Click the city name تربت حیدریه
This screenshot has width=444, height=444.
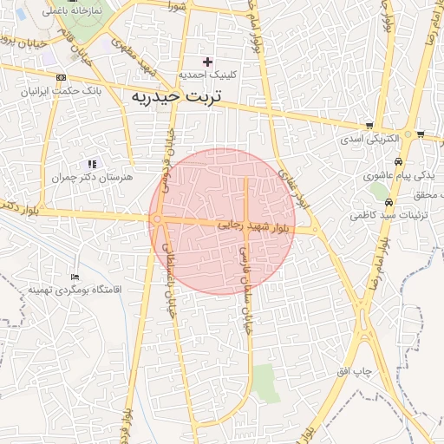click(176, 96)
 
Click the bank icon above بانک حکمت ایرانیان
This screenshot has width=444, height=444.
click(60, 77)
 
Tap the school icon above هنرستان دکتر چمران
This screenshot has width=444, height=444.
click(92, 164)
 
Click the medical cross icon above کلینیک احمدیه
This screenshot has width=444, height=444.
click(206, 62)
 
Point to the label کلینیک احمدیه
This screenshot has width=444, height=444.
click(206, 75)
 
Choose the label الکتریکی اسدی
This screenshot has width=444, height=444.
click(369, 138)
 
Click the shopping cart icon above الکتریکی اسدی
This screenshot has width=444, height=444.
click(370, 126)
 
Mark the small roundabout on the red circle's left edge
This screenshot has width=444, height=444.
click(157, 220)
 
